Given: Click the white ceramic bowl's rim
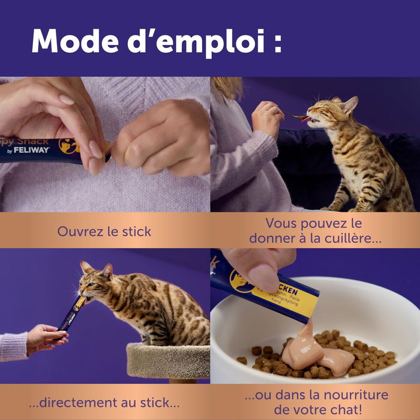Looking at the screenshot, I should click(x=312, y=282).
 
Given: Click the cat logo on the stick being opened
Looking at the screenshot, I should click(x=67, y=146).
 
